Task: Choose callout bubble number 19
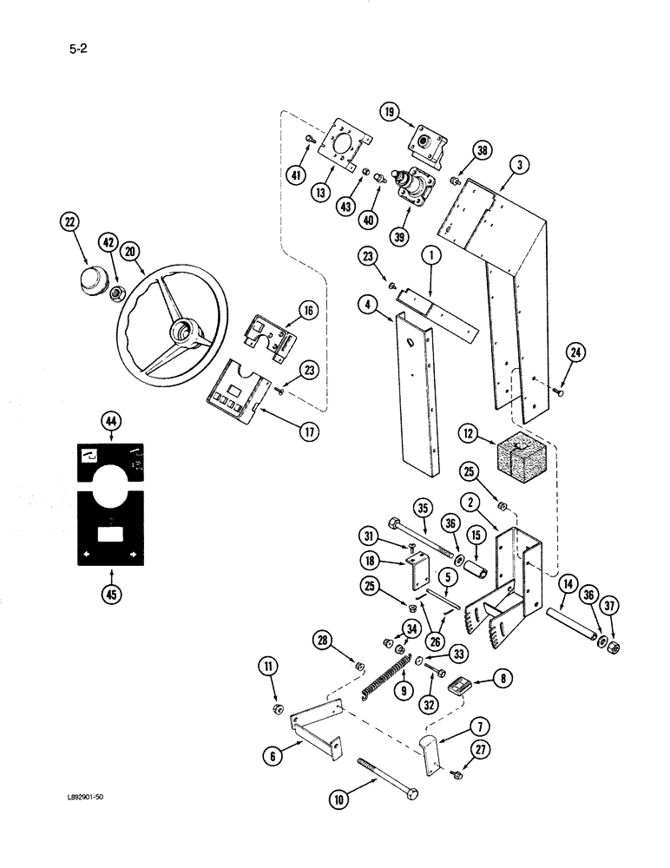click(x=390, y=111)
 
